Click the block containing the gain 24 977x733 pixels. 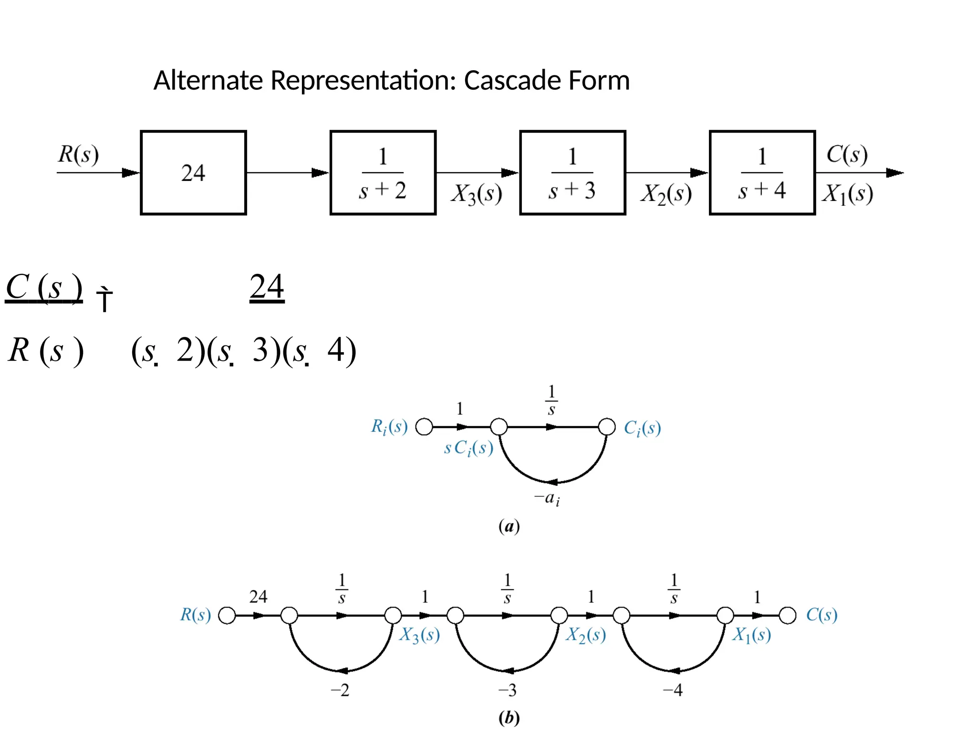point(193,173)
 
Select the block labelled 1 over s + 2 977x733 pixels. point(383,173)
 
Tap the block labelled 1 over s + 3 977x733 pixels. point(572,173)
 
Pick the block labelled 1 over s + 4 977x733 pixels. point(762,173)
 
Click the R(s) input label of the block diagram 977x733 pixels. point(78,154)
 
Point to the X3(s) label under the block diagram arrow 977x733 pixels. point(477,194)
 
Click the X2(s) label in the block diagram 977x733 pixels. point(666,194)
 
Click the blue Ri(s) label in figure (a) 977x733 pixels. point(389,427)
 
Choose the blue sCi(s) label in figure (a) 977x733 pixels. point(468,448)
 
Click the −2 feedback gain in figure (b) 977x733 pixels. point(340,690)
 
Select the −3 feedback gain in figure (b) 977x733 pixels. point(507,690)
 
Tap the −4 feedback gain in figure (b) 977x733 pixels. point(673,690)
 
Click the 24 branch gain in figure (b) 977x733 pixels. point(259,597)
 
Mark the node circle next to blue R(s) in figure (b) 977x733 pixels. point(227,616)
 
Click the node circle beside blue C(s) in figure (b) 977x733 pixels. point(788,616)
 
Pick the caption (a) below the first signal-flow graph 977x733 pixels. point(509,527)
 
